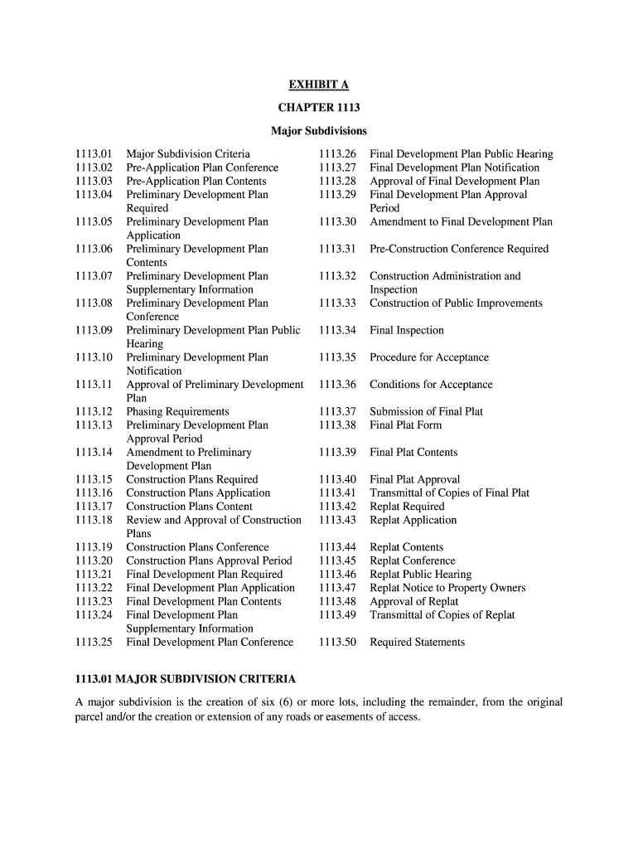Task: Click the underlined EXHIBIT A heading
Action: [318, 85]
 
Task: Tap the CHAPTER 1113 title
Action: [318, 108]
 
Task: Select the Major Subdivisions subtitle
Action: [318, 131]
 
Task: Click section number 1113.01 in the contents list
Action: [93, 154]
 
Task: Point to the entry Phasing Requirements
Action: [177, 412]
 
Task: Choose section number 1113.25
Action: [93, 643]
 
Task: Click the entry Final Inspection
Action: [407, 331]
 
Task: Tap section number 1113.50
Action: [337, 643]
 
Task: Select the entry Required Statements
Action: [418, 643]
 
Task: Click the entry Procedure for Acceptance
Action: [429, 358]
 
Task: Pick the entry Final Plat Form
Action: [406, 425]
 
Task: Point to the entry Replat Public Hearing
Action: [420, 575]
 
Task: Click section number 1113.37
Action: [337, 412]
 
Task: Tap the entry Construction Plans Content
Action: [190, 507]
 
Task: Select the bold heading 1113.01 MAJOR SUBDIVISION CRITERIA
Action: [186, 679]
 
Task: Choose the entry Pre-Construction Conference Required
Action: [459, 250]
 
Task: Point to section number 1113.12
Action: [93, 412]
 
